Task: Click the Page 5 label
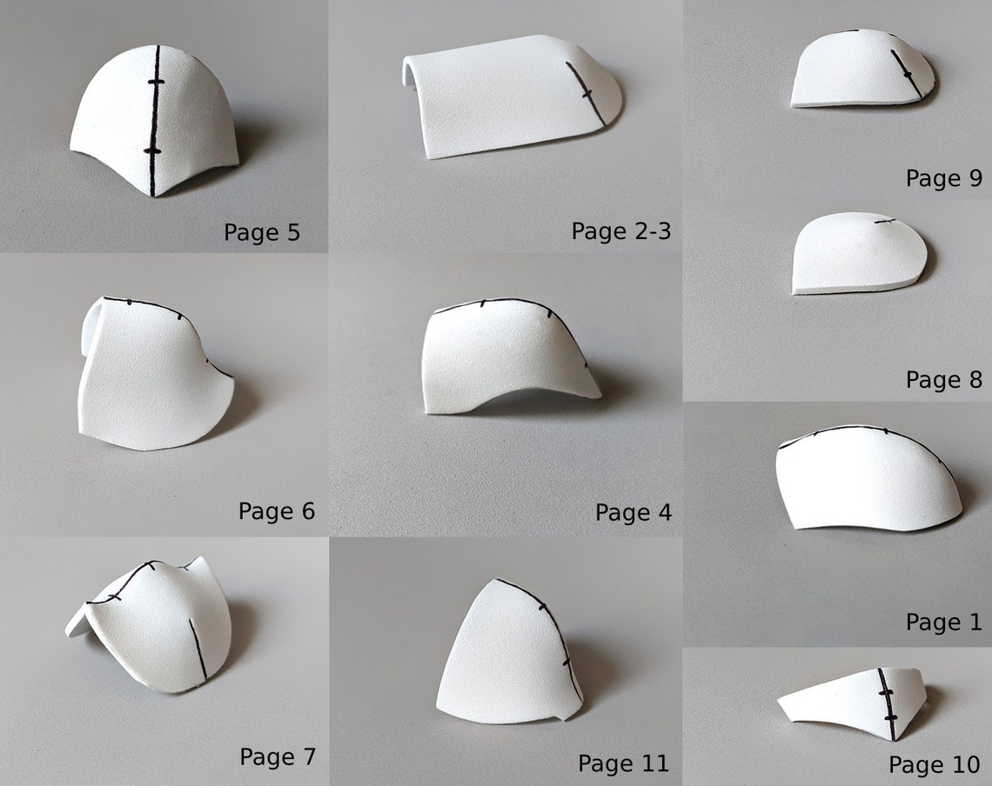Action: point(262,232)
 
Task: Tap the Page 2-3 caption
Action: point(620,231)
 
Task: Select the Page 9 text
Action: point(943,178)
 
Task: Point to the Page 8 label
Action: point(943,380)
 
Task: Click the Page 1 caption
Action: point(943,623)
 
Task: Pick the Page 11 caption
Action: point(623,763)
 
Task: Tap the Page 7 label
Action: point(278,756)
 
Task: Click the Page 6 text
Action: point(277,511)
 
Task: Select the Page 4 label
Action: point(633,513)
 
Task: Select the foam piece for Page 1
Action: point(866,478)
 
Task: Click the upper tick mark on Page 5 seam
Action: point(156,82)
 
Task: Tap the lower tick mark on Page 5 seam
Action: point(152,151)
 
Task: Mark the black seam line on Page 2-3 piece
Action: point(586,92)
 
